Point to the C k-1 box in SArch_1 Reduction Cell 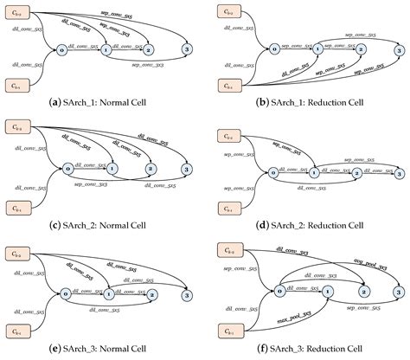(x=231, y=85)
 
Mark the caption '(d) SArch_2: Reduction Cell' (x=308, y=227)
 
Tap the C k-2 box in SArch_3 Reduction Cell (x=231, y=252)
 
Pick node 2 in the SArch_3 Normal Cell (x=151, y=295)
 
